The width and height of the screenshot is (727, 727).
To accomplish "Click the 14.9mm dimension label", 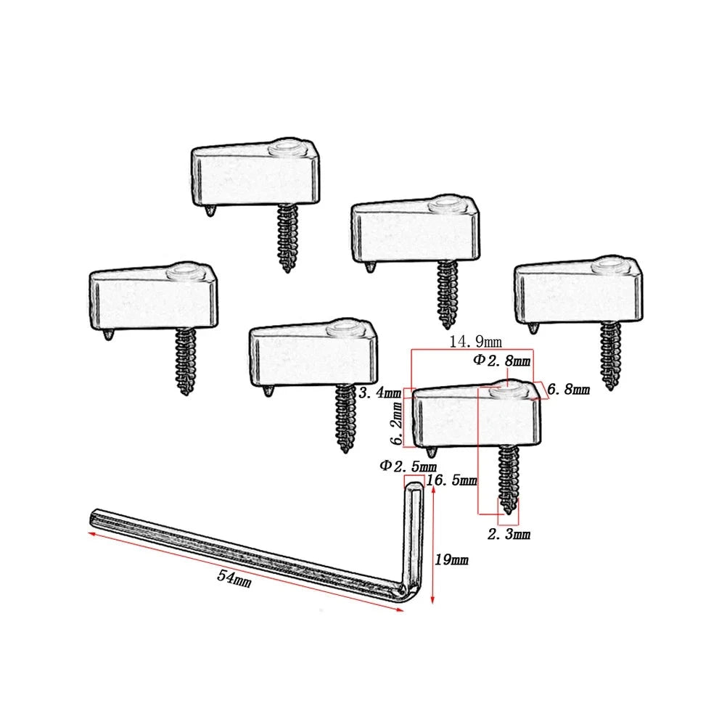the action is [476, 342].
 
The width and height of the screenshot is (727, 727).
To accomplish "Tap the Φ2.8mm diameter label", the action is [501, 361].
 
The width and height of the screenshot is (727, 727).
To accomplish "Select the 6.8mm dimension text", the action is [568, 390].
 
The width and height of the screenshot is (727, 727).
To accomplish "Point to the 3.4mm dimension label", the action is [379, 393].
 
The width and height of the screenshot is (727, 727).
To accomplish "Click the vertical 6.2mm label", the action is [398, 423].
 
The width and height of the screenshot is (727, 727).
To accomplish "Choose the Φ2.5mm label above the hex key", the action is [408, 466].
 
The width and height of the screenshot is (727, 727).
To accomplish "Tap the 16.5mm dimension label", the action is [451, 480].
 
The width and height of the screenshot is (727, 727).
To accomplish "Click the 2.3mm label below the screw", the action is [509, 534].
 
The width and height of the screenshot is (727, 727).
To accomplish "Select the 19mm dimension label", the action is [451, 559].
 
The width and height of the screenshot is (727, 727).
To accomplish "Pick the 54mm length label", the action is [234, 578].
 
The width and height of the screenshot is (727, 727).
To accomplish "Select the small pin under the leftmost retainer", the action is [108, 334].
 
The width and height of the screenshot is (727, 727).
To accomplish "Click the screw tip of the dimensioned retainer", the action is [509, 511].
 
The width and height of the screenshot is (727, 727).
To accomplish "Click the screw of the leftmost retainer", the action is [186, 361].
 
